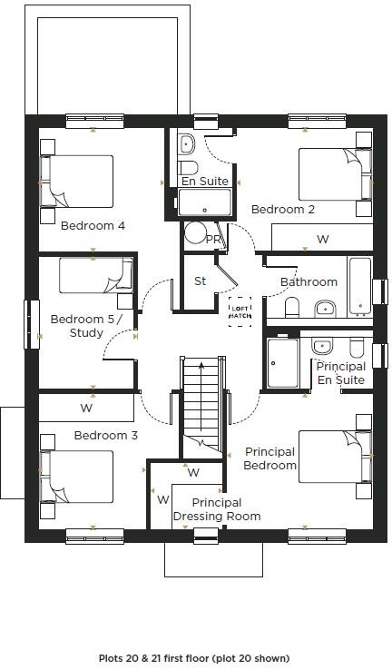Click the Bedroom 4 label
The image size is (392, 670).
coord(93,226)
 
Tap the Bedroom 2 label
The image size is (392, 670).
coord(283,210)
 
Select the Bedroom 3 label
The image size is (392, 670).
coord(106,436)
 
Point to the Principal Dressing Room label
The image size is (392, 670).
coord(217,509)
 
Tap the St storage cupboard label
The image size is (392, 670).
coord(201,281)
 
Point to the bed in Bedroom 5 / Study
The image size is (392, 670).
coord(95,276)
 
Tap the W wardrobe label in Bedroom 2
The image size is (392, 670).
coord(322,240)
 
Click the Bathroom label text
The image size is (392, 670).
coord(309,282)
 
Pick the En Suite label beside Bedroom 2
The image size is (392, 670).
coord(205,182)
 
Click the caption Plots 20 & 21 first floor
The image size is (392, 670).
coord(194,658)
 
